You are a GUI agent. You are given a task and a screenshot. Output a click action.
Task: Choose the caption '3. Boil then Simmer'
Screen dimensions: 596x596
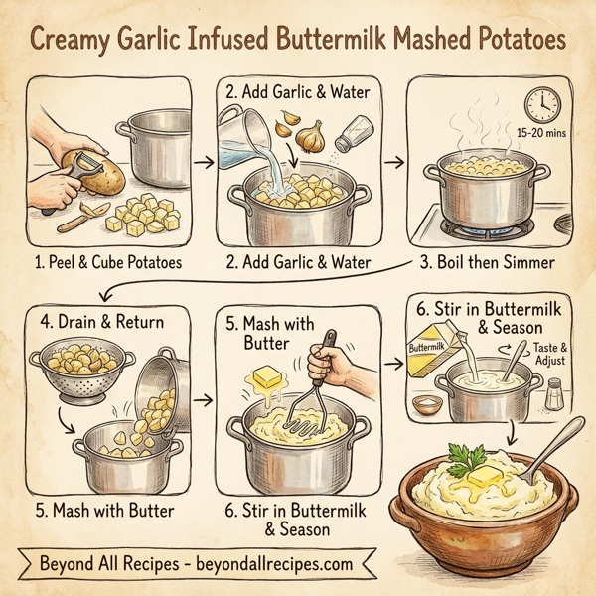489,263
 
